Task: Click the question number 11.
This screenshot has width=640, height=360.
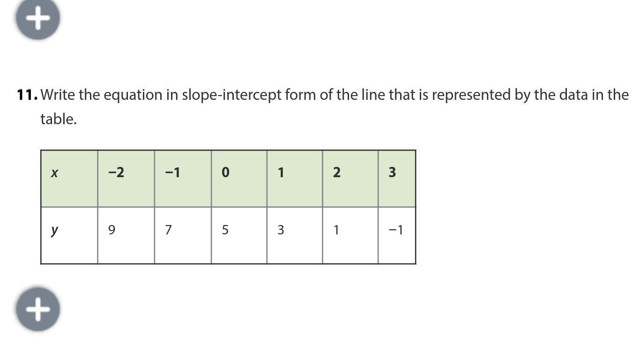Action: (x=27, y=95)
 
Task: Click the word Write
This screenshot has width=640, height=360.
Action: (x=58, y=95)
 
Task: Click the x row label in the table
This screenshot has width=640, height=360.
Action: (x=54, y=173)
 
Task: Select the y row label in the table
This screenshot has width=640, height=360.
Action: (x=54, y=230)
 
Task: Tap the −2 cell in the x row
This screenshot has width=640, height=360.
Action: (x=116, y=172)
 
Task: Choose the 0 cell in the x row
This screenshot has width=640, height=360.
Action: (x=225, y=172)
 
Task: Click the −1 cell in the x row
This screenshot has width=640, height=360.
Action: (x=172, y=172)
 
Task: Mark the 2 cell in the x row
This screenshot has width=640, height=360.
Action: (x=336, y=172)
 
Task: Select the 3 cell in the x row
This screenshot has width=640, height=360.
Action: (x=392, y=172)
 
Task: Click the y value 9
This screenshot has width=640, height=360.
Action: (x=112, y=230)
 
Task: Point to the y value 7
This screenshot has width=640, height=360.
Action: (x=168, y=230)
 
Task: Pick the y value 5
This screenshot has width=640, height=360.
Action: (x=225, y=230)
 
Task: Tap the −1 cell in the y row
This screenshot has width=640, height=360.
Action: (x=396, y=230)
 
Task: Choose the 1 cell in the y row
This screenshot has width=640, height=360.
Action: (x=336, y=230)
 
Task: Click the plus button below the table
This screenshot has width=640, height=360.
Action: (x=38, y=309)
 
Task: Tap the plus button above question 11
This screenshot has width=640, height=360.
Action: (x=38, y=18)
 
